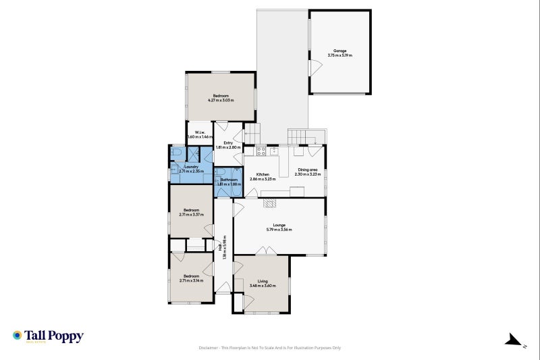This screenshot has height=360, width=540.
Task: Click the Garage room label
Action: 340,51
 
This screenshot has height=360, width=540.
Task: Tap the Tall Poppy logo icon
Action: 18,335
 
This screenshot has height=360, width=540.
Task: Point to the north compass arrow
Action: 514,339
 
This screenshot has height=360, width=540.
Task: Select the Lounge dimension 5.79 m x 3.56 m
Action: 279,230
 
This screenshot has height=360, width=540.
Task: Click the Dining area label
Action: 308,170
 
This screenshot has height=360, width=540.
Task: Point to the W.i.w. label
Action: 200,132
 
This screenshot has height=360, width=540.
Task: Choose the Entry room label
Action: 223,143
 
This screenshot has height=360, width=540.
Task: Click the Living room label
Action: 263,281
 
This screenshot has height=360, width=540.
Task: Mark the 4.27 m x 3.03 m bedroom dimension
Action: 221,101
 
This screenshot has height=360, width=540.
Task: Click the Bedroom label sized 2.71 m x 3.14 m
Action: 192,276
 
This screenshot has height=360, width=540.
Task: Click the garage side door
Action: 312,68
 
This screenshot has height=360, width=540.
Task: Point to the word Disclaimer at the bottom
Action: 209,348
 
